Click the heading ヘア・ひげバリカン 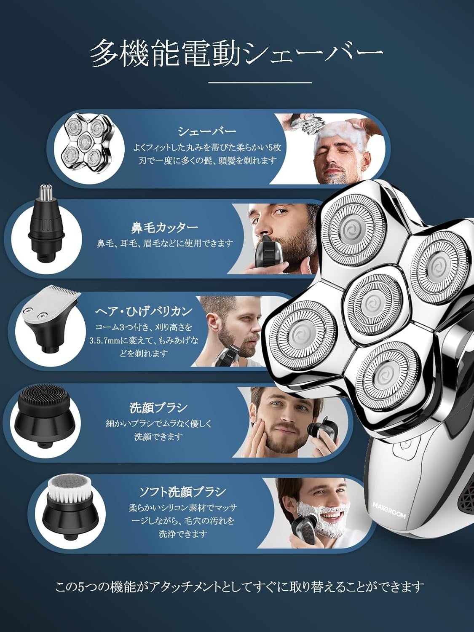point(144,311)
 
